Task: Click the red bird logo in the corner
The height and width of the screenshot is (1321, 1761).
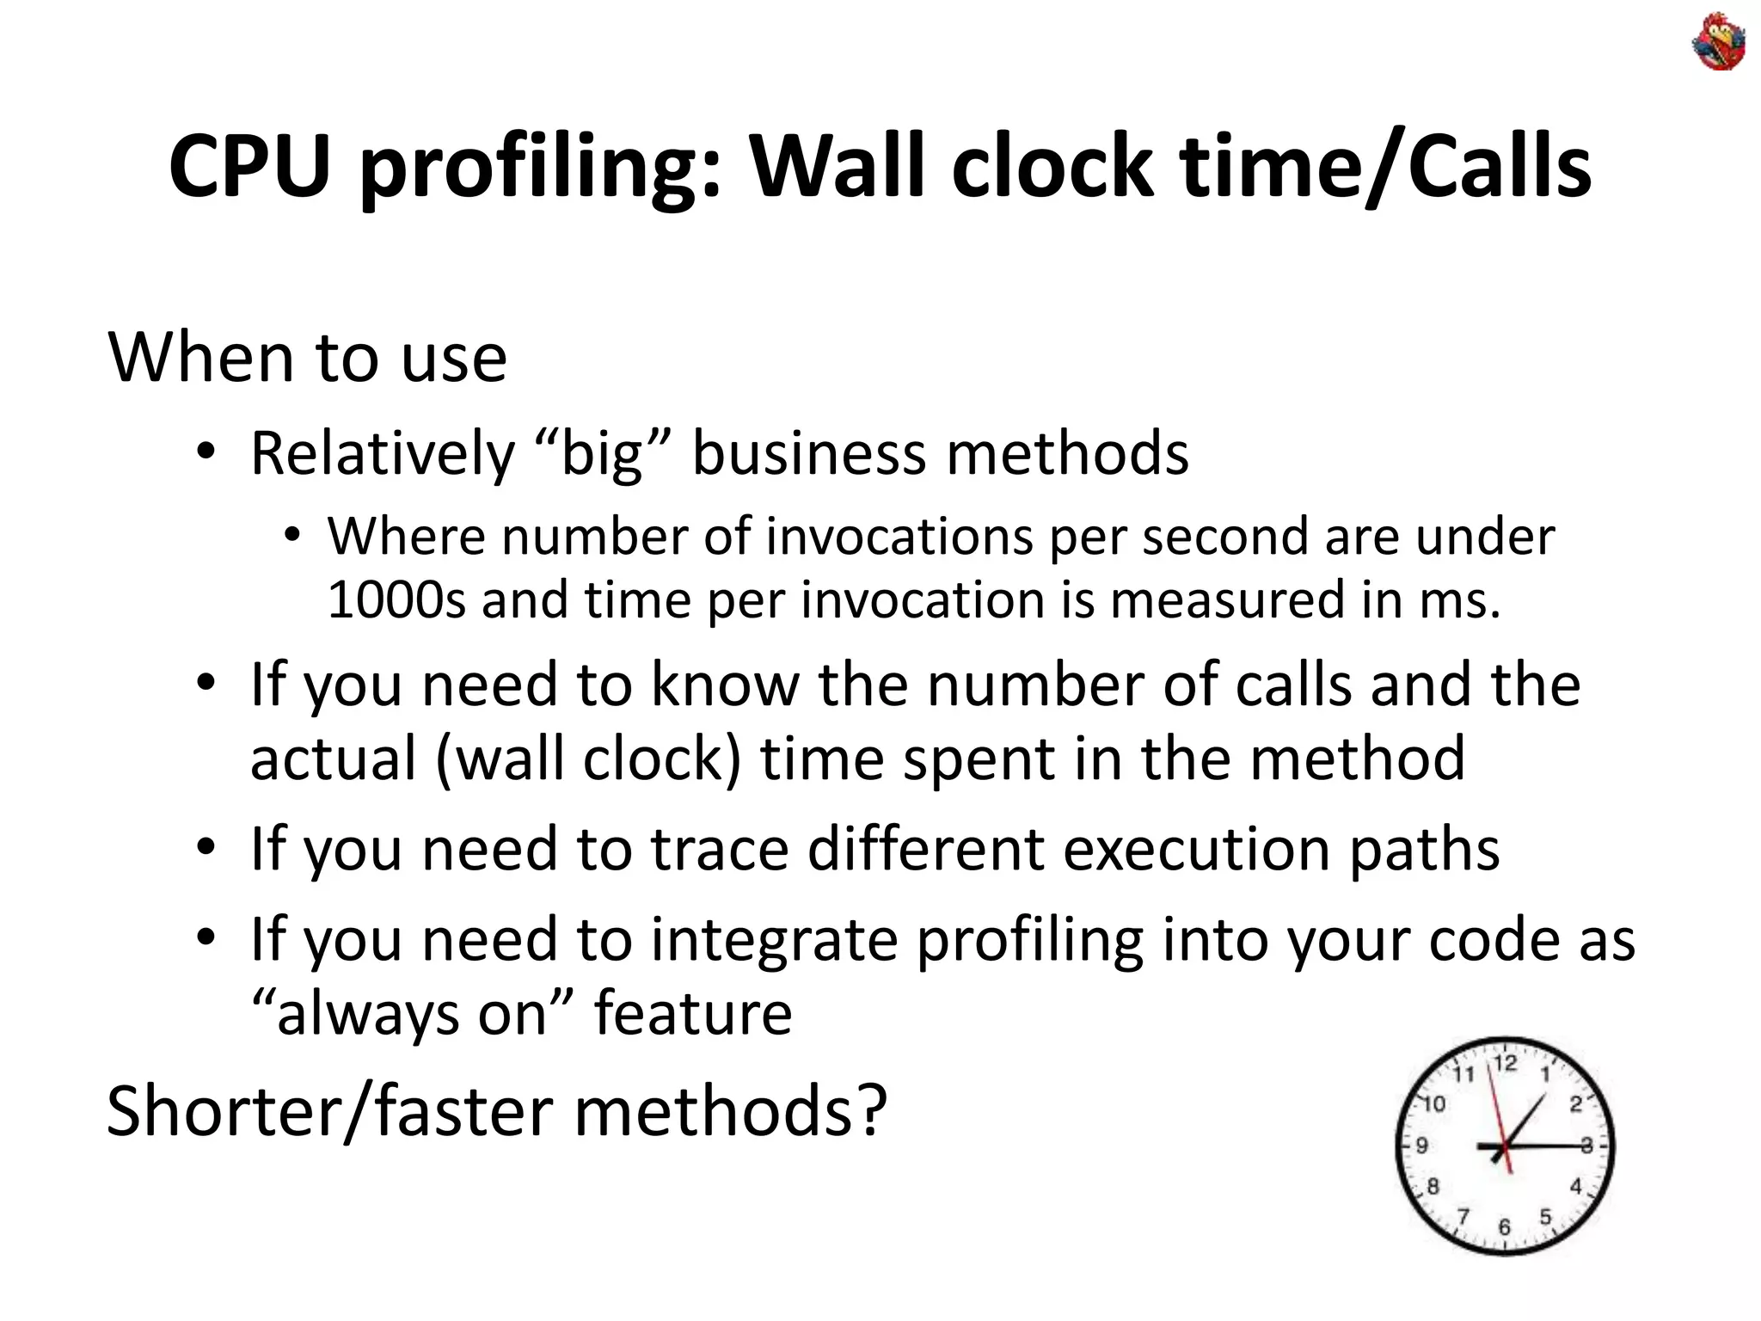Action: [x=1719, y=41]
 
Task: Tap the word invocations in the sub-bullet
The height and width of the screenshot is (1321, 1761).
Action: [x=899, y=537]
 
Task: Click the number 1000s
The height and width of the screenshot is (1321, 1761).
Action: [x=396, y=599]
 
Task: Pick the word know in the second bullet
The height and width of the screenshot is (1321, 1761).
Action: [x=725, y=685]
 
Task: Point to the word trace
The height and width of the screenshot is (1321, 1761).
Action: [x=719, y=849]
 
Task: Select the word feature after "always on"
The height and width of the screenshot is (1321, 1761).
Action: [x=692, y=1013]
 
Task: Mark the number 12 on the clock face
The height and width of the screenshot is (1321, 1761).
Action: [x=1505, y=1065]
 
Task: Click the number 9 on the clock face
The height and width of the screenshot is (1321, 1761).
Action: [x=1422, y=1146]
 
